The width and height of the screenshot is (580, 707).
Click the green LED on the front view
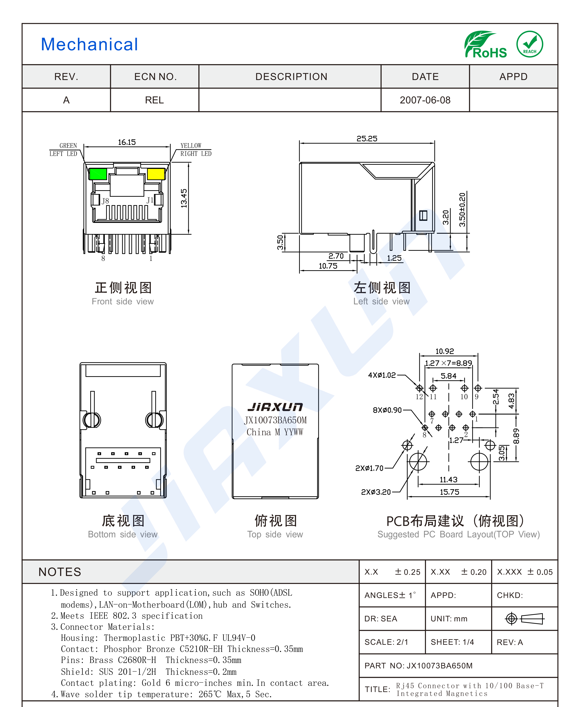(x=98, y=174)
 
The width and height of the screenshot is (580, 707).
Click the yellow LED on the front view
(x=156, y=174)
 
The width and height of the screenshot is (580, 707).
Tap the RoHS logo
(x=486, y=45)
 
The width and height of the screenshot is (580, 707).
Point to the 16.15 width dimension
(x=127, y=142)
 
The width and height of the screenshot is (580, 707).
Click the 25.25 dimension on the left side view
(x=367, y=139)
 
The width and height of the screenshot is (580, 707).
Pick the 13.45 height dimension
(x=184, y=198)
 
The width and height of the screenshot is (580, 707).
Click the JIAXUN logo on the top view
(x=275, y=407)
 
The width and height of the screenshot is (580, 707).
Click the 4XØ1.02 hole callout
(x=382, y=375)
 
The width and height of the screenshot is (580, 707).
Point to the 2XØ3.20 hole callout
(x=376, y=492)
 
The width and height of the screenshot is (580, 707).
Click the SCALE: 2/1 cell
(x=387, y=642)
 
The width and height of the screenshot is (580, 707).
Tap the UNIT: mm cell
(x=449, y=619)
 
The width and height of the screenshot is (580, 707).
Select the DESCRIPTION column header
(x=291, y=77)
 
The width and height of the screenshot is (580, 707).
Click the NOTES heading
(x=60, y=572)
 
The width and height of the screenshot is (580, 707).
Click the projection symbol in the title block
(x=525, y=619)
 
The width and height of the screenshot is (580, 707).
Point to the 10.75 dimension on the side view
(x=328, y=266)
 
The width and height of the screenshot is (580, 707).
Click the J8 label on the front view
(x=105, y=201)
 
